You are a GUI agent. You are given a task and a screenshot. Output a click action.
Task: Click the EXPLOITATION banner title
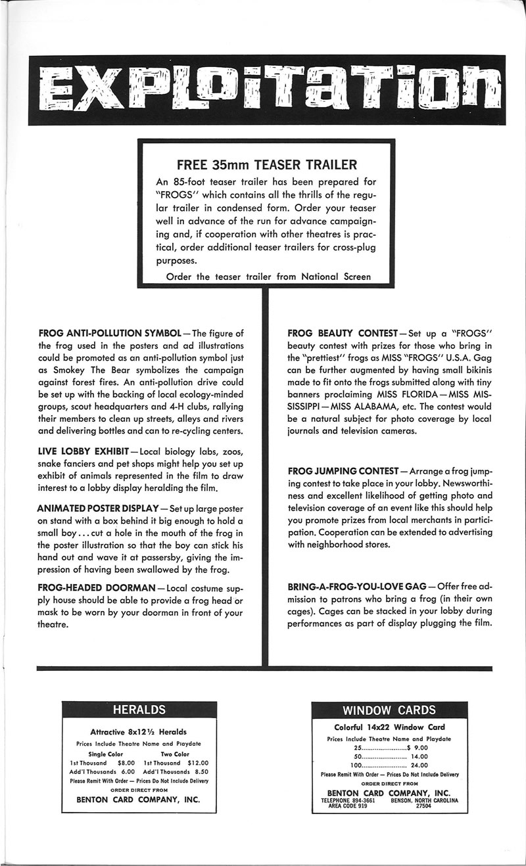pos(263,90)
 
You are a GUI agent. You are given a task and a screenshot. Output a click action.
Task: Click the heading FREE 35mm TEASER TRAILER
pos(268,164)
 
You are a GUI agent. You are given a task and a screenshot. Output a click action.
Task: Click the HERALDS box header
pos(139,710)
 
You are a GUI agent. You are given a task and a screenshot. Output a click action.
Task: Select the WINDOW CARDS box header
pos(389,710)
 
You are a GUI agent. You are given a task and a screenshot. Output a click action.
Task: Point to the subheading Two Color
pos(175,754)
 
